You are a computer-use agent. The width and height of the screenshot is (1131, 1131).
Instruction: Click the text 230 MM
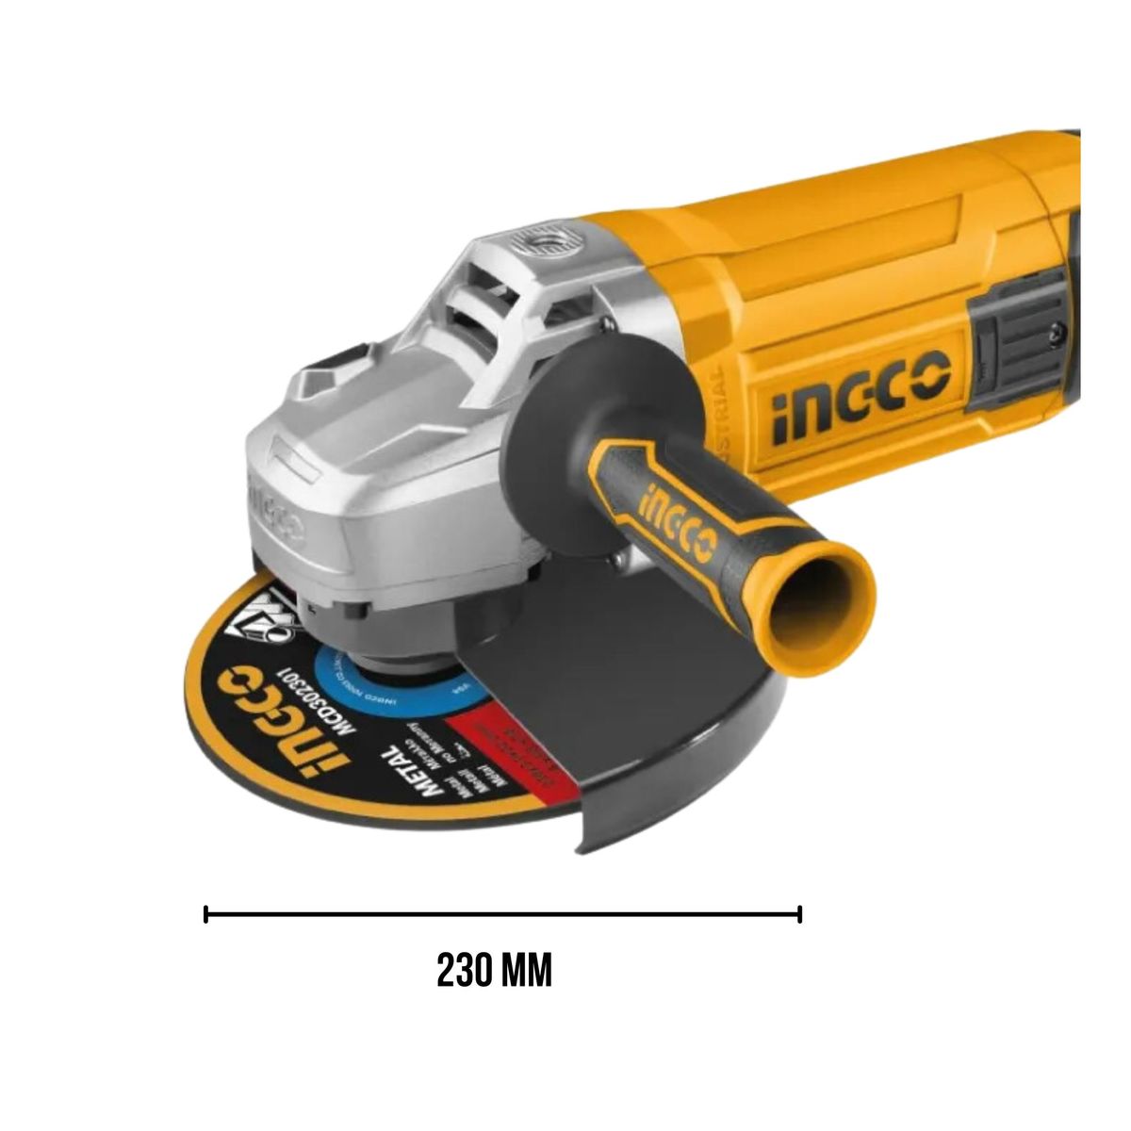coord(495,971)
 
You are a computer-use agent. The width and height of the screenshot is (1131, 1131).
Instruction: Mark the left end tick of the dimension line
coord(206,913)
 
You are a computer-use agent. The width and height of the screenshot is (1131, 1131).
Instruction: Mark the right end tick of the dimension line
coord(799,913)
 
